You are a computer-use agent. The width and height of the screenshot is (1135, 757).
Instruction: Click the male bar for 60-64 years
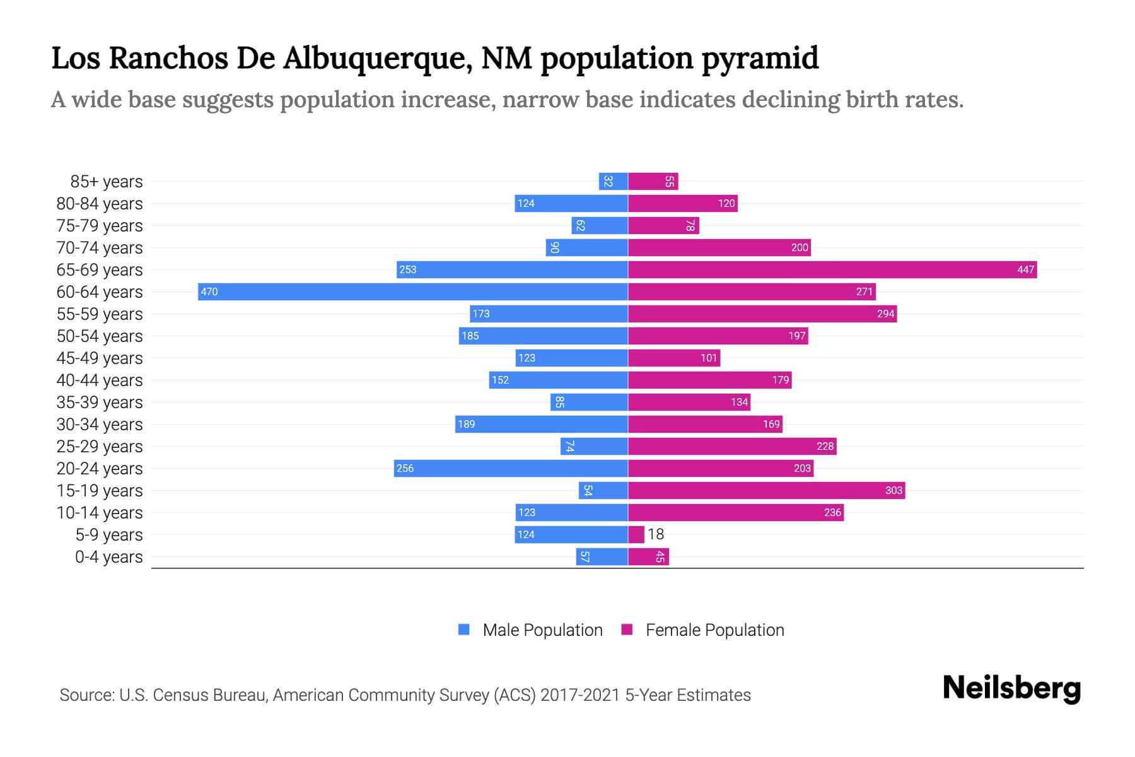413,291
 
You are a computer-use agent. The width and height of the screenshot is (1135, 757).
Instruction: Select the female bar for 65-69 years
832,269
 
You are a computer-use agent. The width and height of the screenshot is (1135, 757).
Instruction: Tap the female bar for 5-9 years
636,534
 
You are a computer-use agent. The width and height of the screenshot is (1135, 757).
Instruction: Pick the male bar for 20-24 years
511,468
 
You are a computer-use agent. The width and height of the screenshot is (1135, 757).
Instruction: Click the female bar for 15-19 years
766,490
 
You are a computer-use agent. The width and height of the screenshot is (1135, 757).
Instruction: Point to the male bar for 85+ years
613,181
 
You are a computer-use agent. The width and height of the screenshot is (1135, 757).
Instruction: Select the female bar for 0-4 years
648,556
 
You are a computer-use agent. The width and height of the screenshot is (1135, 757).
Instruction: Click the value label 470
209,291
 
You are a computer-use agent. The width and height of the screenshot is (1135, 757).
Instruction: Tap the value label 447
1025,269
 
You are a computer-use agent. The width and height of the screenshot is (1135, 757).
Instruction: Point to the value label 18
656,534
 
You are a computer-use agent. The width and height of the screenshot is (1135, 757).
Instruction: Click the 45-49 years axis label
100,358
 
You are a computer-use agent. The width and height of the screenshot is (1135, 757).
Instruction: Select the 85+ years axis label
107,181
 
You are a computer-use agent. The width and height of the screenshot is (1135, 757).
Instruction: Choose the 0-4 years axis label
108,556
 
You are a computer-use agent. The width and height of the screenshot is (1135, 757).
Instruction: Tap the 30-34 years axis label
100,424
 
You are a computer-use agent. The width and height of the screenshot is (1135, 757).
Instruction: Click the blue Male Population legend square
464,630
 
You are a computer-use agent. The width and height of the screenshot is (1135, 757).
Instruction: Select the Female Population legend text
714,630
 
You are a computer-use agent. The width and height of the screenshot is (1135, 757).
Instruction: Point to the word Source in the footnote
86,695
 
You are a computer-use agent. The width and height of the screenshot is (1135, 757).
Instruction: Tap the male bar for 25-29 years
594,446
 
